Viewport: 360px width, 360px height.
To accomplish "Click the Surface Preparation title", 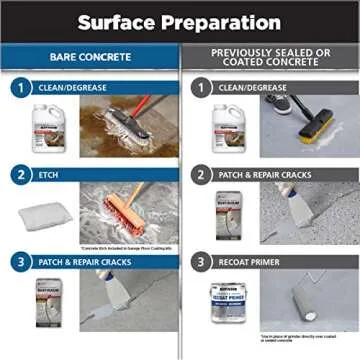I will tap(179, 21).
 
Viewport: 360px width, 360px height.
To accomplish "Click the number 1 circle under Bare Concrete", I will tap(16, 88).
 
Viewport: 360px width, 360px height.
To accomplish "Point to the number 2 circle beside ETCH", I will tap(16, 173).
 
